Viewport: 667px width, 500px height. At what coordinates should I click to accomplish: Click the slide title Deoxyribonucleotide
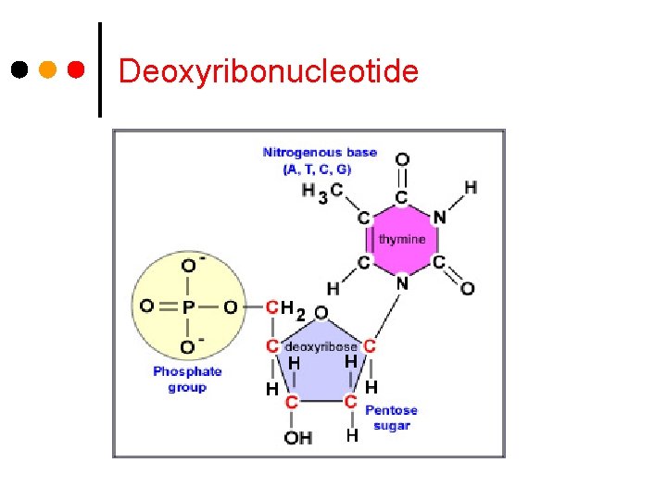point(269,71)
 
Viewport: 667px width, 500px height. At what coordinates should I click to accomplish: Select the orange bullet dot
point(48,69)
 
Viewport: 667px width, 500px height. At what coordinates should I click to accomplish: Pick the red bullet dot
point(78,69)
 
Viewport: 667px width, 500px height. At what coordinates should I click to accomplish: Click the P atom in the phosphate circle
point(188,306)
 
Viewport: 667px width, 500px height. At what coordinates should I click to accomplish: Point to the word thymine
point(402,239)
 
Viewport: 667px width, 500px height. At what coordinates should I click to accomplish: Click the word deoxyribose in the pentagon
point(321,346)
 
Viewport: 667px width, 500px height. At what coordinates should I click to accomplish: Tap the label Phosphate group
point(187,380)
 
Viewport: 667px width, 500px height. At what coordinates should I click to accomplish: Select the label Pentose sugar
point(391,418)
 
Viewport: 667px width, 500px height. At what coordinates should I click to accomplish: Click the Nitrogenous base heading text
point(320,152)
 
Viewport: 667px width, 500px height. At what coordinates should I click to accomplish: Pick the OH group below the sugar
point(298,437)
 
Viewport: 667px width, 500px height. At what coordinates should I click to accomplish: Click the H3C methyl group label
point(321,192)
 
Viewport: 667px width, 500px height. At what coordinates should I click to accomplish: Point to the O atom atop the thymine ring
point(402,160)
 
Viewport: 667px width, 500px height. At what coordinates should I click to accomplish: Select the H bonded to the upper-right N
point(471,188)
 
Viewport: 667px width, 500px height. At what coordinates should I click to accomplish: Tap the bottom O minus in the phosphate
point(191,346)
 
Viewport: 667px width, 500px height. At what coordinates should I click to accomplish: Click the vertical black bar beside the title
point(99,69)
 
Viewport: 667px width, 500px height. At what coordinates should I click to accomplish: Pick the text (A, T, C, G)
point(318,169)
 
